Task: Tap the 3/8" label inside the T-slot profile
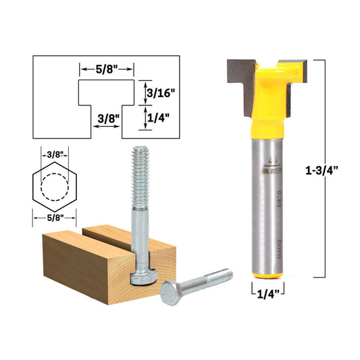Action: [107, 118]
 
